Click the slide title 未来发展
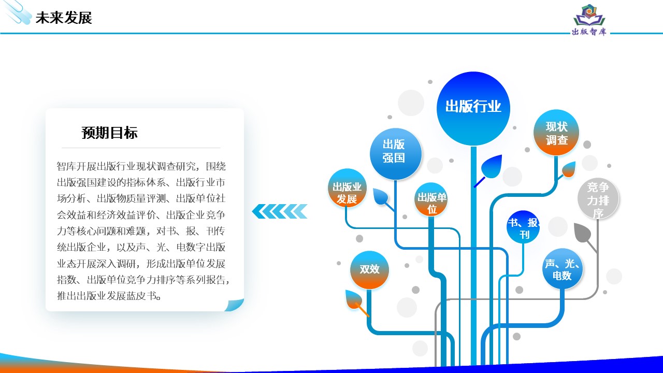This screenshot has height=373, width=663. coord(64,18)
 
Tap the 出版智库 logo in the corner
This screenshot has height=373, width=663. coord(589,20)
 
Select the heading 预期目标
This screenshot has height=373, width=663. coord(109,133)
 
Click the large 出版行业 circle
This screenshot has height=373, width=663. coord(473,108)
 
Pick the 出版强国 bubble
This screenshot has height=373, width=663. coord(395,154)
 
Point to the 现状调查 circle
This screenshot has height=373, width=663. coord(556,133)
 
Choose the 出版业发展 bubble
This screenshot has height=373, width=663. coord(347,188)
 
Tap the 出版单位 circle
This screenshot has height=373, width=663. coord(431,199)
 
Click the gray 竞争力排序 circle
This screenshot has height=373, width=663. coord(598,198)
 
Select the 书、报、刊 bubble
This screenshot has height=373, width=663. coord(523,227)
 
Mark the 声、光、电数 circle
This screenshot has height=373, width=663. coord(563,268)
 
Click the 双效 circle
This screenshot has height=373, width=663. coord(369,270)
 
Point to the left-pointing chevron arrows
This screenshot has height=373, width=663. coord(280,211)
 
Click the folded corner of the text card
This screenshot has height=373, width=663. coord(235,305)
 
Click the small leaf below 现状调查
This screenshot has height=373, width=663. coord(568,169)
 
